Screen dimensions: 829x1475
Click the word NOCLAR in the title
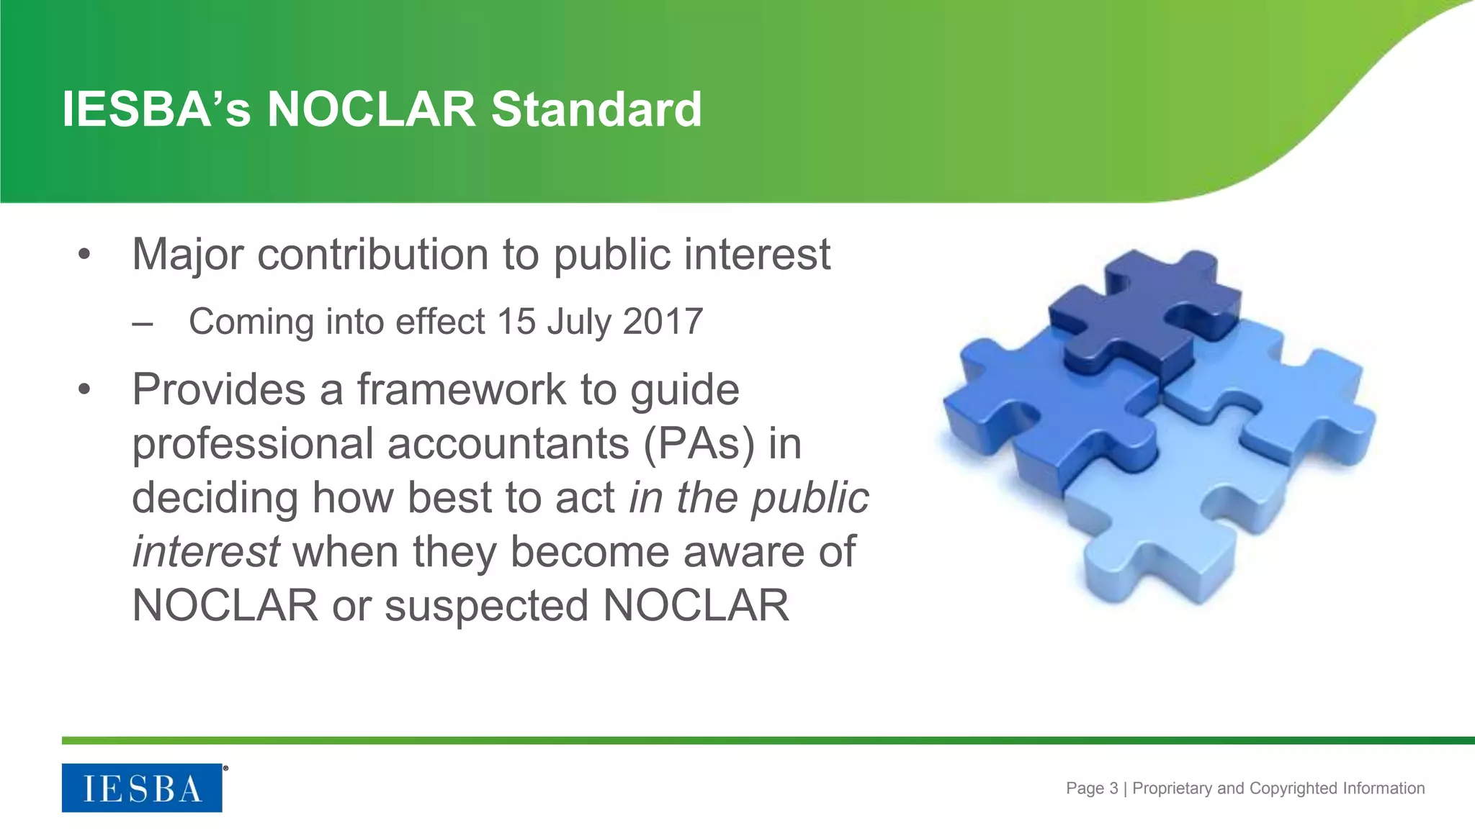click(x=371, y=109)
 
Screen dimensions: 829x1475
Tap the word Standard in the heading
click(x=596, y=109)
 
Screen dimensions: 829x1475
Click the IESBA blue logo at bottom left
click(x=142, y=788)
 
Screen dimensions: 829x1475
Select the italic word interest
click(x=206, y=552)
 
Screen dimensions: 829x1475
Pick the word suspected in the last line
click(x=487, y=606)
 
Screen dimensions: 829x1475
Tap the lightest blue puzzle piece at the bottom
click(x=1181, y=518)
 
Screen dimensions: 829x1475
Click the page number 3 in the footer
click(x=1113, y=788)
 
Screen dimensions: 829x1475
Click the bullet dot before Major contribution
click(x=85, y=255)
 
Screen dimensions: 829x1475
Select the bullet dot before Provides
click(x=85, y=390)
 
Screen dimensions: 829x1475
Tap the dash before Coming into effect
click(x=143, y=323)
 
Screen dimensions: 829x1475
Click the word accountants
click(x=508, y=443)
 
